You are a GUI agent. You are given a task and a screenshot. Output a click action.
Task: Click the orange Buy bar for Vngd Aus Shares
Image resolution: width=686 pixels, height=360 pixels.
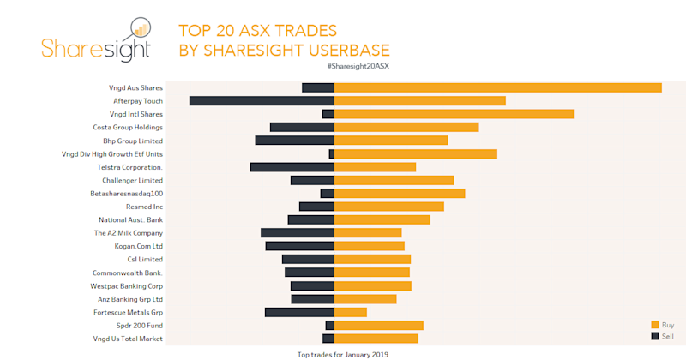coord(497,87)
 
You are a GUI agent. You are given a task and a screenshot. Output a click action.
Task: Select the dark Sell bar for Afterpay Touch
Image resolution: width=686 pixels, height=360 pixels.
coord(262,101)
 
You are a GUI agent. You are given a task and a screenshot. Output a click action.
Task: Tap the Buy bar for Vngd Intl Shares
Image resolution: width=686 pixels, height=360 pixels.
coord(454,114)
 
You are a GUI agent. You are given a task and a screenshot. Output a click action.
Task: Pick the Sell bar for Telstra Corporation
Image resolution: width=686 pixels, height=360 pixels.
coord(292,167)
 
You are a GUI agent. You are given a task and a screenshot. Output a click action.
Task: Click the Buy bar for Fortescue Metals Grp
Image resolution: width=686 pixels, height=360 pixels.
coord(351,312)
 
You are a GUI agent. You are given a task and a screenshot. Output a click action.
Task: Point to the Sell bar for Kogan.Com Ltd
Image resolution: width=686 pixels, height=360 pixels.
coord(299,246)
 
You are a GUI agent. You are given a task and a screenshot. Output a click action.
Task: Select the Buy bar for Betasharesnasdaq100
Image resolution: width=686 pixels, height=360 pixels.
coord(400,194)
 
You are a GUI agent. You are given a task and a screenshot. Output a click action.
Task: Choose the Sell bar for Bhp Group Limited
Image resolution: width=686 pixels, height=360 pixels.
coord(294,141)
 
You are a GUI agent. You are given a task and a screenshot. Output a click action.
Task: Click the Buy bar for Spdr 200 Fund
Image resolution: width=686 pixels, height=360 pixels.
coord(379,326)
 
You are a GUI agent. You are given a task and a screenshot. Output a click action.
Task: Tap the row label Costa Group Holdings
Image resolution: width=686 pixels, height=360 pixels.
coord(128,128)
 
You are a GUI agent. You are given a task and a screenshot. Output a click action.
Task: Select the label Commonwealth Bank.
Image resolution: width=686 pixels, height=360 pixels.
coord(127,273)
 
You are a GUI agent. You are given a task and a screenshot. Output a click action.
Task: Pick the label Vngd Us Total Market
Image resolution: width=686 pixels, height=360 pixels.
coord(128,339)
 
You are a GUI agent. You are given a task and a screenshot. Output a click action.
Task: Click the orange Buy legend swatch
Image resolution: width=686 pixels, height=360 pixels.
coord(655,324)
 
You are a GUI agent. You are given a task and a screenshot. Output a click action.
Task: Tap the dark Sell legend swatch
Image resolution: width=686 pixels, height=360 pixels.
coord(655,336)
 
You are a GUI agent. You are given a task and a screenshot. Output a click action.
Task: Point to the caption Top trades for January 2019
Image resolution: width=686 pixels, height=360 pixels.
coord(343,354)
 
